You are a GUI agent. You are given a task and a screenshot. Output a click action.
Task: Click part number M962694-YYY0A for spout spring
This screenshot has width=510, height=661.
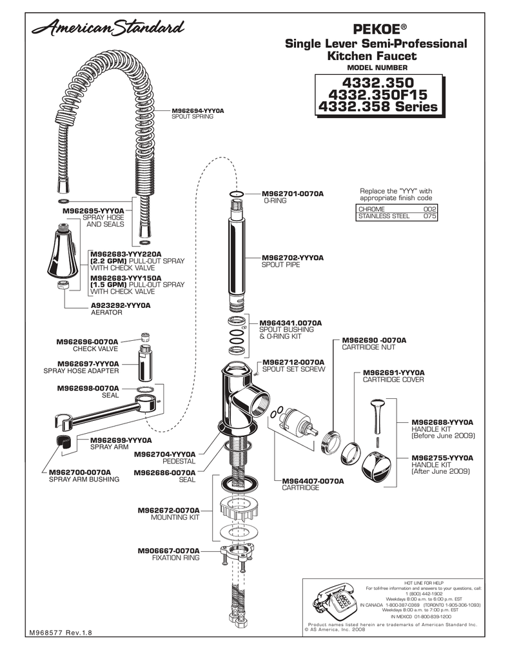[x=197, y=111]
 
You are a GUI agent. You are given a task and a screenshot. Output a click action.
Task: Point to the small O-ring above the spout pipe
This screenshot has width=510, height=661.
[x=236, y=193]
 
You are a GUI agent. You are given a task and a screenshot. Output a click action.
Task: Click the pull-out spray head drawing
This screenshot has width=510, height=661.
[x=64, y=253]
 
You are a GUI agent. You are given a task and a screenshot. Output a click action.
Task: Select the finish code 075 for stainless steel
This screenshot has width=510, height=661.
[x=429, y=217]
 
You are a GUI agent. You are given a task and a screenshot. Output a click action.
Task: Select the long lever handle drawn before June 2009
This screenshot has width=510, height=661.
[x=377, y=416]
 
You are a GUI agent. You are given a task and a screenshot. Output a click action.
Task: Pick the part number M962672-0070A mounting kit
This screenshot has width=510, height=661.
[x=168, y=510]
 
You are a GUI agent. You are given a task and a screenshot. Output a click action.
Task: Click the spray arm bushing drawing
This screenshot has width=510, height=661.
[x=59, y=441]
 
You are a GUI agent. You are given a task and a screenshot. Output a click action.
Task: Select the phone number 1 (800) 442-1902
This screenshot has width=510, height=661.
[x=424, y=593]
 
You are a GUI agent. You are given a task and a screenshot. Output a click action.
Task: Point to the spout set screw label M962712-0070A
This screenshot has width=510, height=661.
[x=293, y=362]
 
